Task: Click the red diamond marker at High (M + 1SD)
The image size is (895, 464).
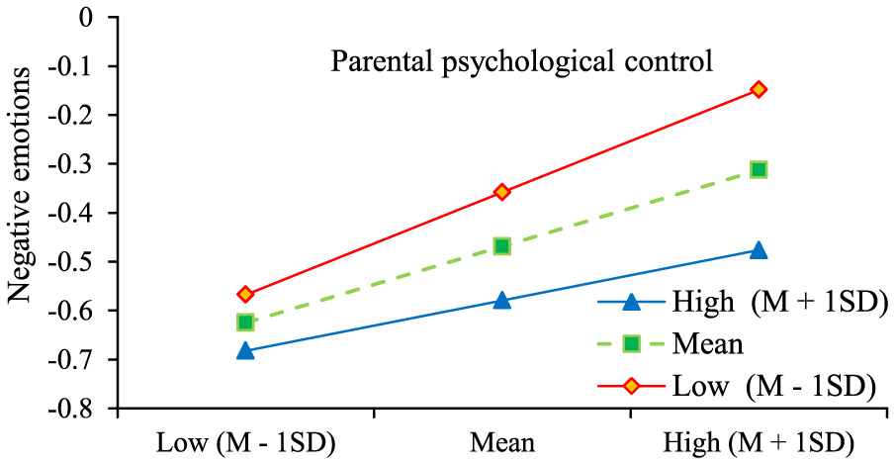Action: [x=759, y=89]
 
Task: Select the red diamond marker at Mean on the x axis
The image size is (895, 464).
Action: [x=502, y=191]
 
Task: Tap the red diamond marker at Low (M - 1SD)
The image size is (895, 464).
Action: [x=245, y=294]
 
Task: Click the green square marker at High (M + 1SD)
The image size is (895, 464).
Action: [x=759, y=169]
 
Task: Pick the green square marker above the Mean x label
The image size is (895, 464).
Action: [x=502, y=245]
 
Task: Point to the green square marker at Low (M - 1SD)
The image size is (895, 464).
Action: [x=245, y=322]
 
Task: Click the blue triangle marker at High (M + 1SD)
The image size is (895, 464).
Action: [x=759, y=250]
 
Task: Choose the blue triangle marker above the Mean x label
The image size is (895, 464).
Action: [x=502, y=300]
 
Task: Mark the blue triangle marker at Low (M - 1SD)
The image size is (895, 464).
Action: [x=245, y=350]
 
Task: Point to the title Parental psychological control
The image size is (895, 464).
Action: [x=521, y=63]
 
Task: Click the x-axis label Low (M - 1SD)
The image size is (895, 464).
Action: [x=246, y=440]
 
